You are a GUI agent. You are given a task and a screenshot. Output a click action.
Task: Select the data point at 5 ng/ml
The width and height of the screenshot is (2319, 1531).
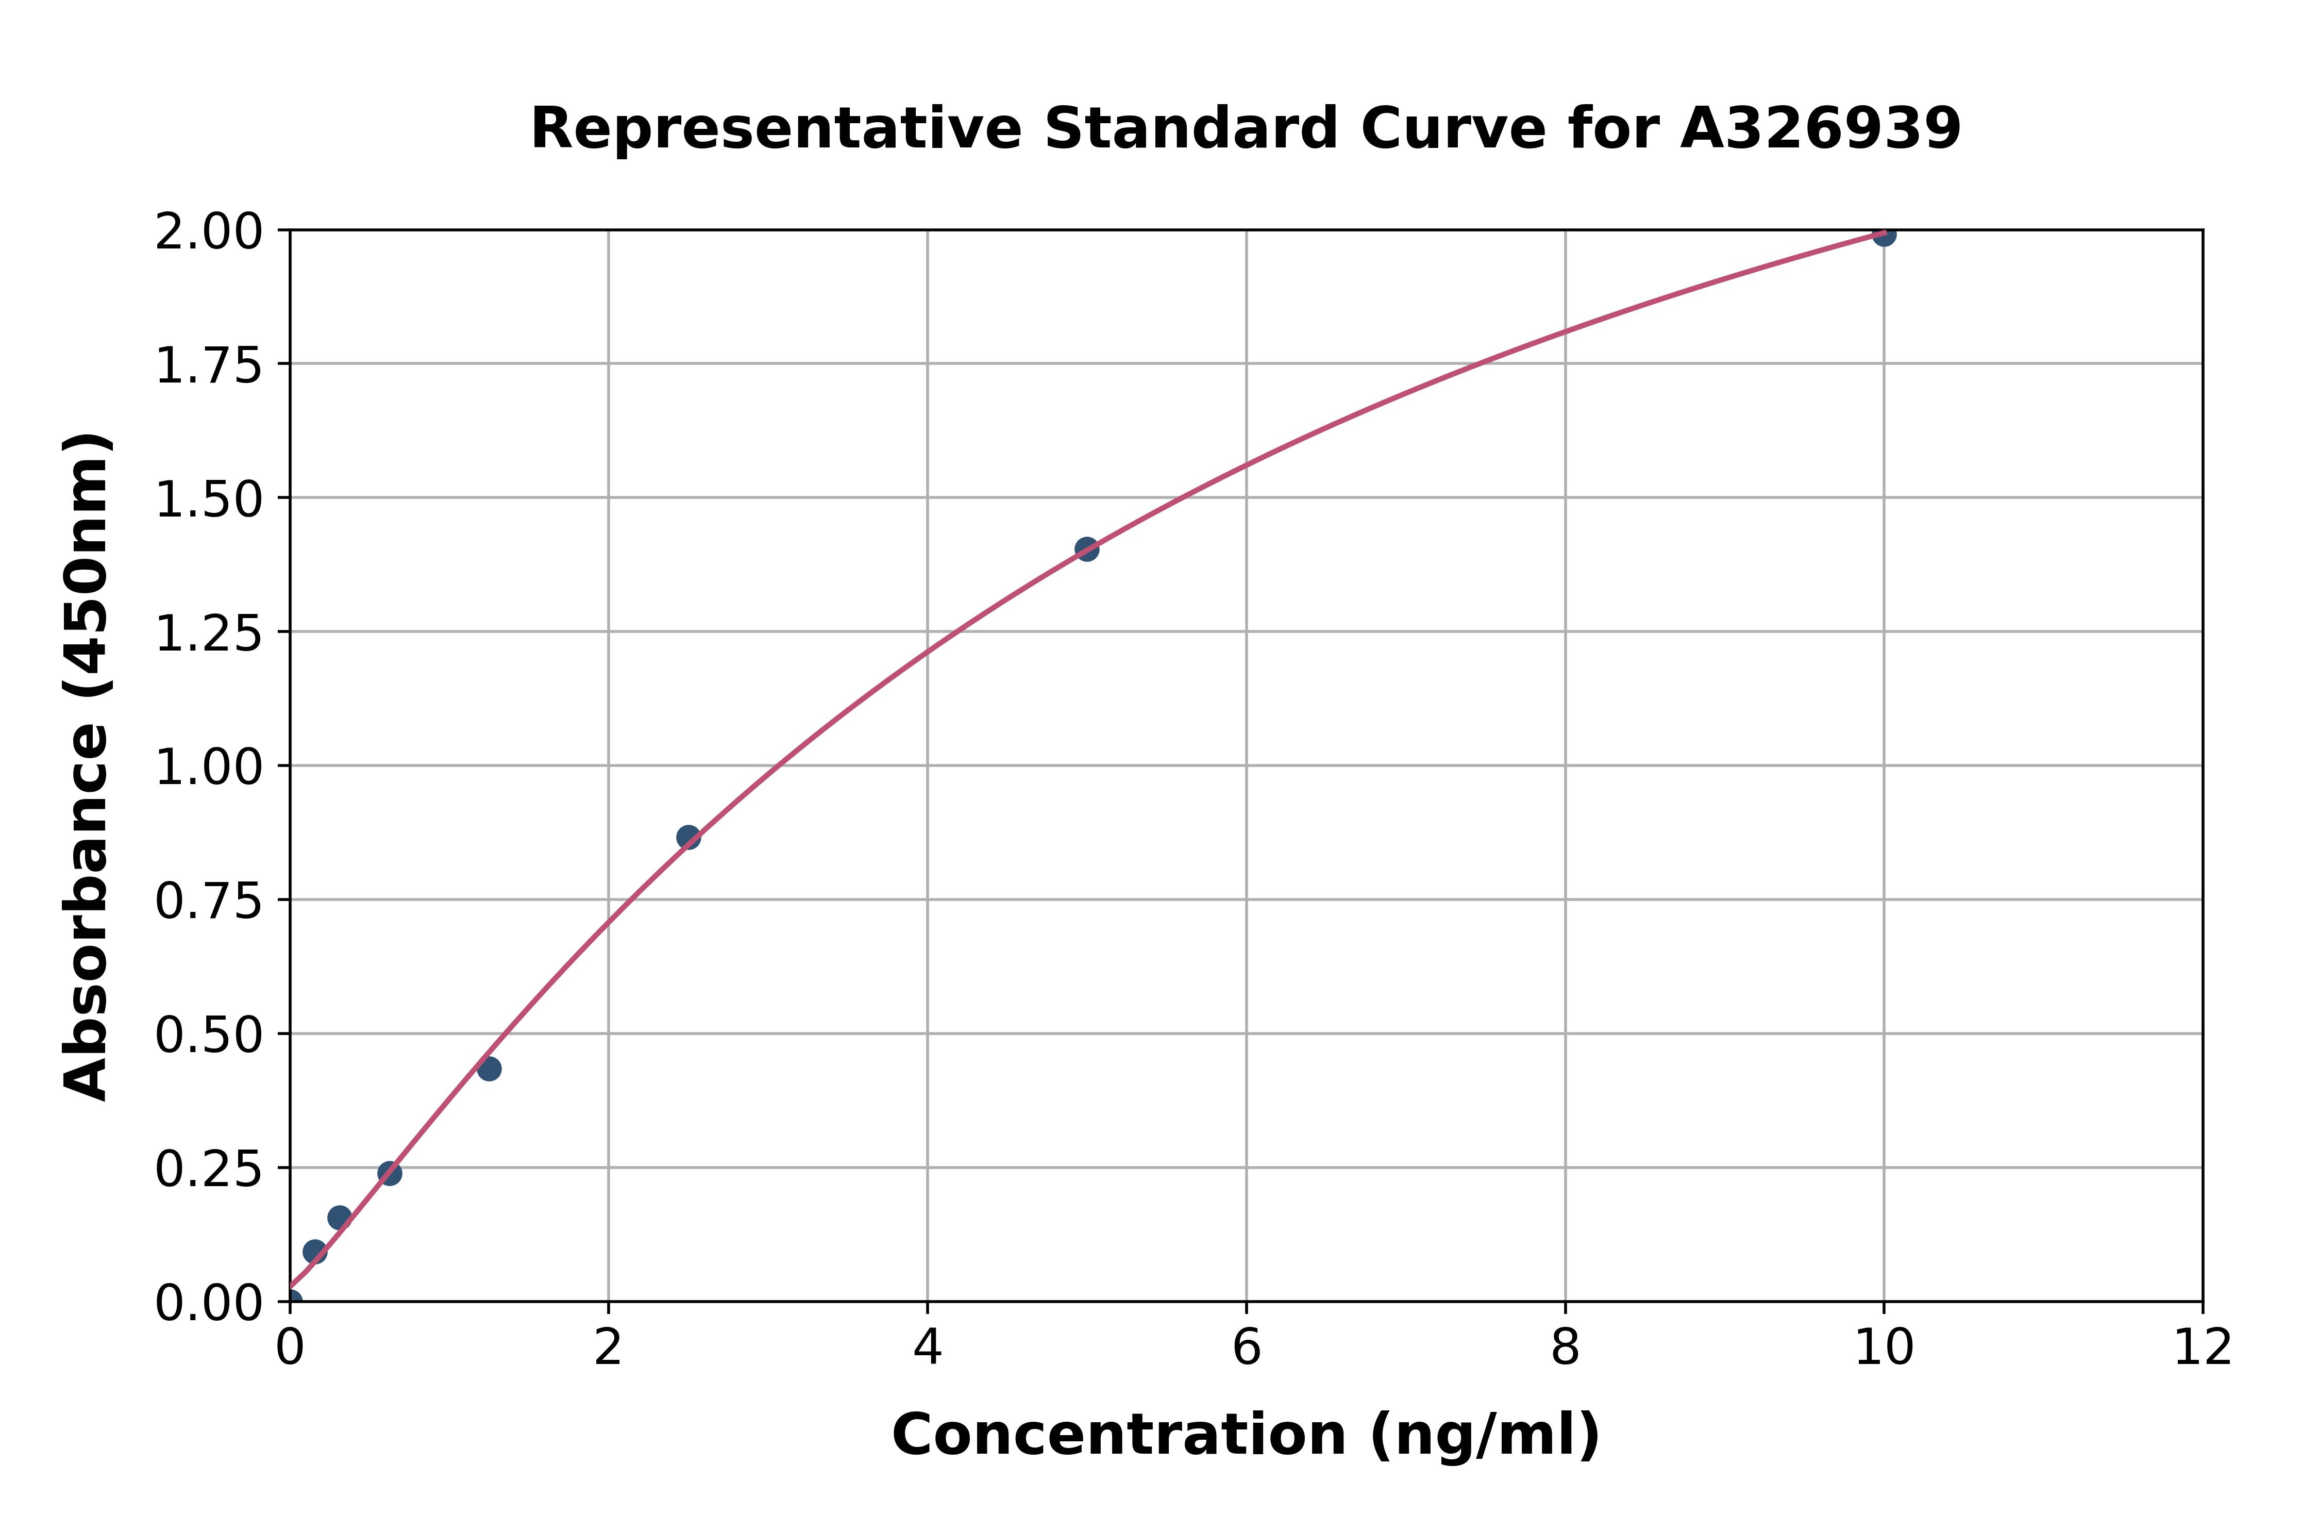coord(1086,549)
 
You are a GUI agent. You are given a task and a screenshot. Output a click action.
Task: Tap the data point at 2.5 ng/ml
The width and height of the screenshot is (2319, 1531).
coord(688,837)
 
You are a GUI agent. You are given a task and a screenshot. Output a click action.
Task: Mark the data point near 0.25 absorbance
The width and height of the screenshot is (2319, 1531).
coord(390,1173)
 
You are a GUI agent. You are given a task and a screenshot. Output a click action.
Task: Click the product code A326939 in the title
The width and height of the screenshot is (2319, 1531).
coord(1820,129)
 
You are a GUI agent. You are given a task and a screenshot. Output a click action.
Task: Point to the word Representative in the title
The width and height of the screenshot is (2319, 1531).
coord(775,129)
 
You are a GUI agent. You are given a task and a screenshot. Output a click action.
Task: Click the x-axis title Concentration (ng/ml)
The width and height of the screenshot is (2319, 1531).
coord(1246,1435)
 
